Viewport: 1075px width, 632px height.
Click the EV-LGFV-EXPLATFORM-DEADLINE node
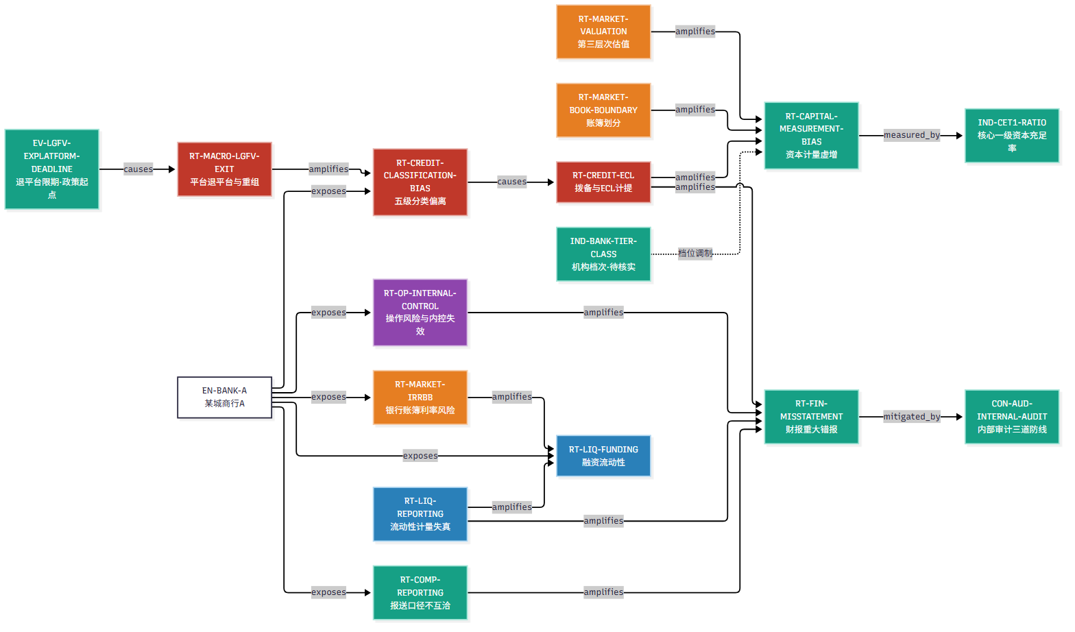point(52,169)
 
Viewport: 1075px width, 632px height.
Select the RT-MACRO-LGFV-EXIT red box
point(224,169)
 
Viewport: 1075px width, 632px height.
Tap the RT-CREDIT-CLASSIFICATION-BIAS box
point(420,182)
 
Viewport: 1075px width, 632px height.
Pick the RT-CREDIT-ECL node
point(603,182)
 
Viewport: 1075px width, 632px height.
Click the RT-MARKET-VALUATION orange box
point(603,32)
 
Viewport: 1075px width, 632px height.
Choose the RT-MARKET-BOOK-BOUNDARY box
point(603,110)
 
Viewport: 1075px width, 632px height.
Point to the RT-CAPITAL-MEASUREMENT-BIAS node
point(811,135)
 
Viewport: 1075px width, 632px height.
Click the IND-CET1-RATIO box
point(1012,135)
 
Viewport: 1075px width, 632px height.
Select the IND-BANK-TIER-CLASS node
point(603,254)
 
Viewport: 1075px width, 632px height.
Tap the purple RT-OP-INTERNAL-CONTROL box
point(420,313)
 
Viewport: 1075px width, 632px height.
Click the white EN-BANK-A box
point(224,398)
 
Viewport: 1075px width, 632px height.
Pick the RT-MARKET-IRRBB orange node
point(420,398)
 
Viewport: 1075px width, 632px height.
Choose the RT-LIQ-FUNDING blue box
point(603,456)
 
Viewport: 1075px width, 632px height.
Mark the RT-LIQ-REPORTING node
point(420,514)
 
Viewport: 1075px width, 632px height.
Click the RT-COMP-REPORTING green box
point(420,593)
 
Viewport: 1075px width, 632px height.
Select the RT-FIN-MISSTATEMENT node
point(811,417)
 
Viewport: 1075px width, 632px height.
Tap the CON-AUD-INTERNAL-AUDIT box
point(1012,417)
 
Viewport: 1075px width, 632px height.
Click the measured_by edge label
point(911,135)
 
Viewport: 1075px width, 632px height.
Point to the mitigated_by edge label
point(911,417)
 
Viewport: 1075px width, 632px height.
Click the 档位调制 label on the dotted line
point(695,254)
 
